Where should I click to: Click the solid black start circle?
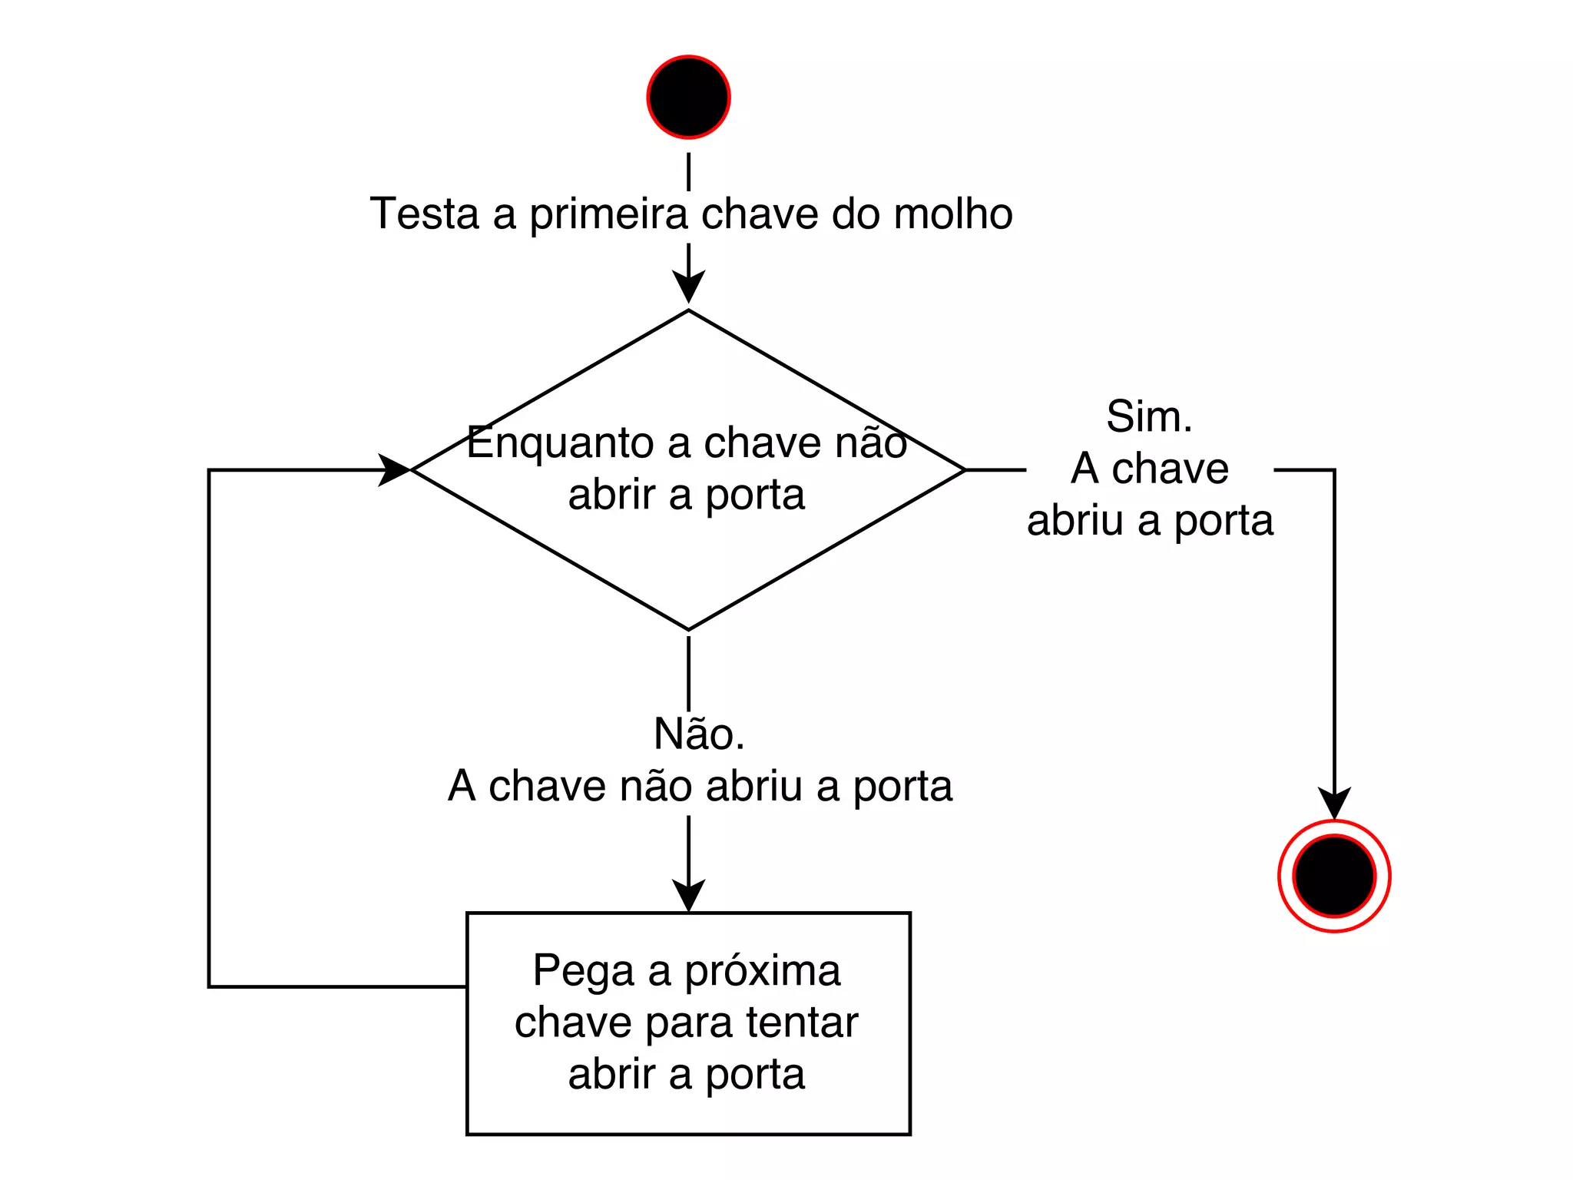pos(688,97)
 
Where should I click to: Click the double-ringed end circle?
pos(1334,876)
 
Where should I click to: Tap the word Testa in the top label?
pos(424,214)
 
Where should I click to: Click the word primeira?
pos(608,215)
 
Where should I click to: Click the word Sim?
pos(1149,416)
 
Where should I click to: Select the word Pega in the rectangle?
pos(583,972)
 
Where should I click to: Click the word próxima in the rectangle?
pos(762,972)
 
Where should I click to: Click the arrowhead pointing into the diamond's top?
pos(688,288)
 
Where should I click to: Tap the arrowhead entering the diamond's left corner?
pos(395,469)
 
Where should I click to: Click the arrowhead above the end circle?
pos(1334,804)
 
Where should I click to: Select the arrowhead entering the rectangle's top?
pos(688,896)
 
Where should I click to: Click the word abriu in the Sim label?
pos(1075,521)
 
